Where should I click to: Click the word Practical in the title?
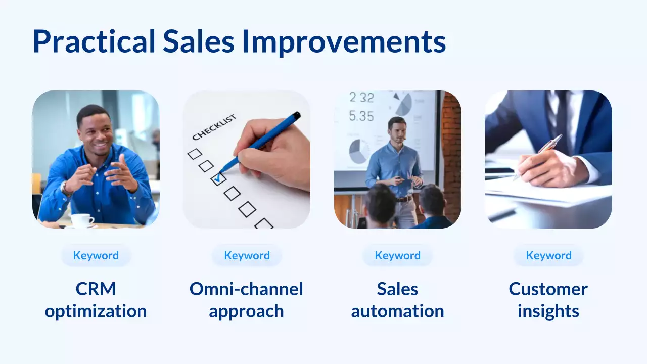tap(94, 42)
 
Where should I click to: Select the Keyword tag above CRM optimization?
tap(96, 255)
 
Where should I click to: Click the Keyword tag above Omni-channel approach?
tap(247, 255)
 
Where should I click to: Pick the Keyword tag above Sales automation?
tap(397, 255)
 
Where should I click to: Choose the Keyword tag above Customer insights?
tap(548, 255)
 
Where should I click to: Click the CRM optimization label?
tap(96, 300)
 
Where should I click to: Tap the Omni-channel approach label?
tap(247, 300)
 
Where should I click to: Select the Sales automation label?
tap(397, 300)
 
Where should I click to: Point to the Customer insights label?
tap(548, 300)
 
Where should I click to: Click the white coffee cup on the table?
tap(81, 220)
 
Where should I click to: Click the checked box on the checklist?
tap(218, 178)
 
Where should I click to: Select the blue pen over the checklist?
tap(263, 141)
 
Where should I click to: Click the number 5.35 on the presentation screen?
tap(362, 116)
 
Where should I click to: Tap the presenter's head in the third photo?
tap(397, 129)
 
